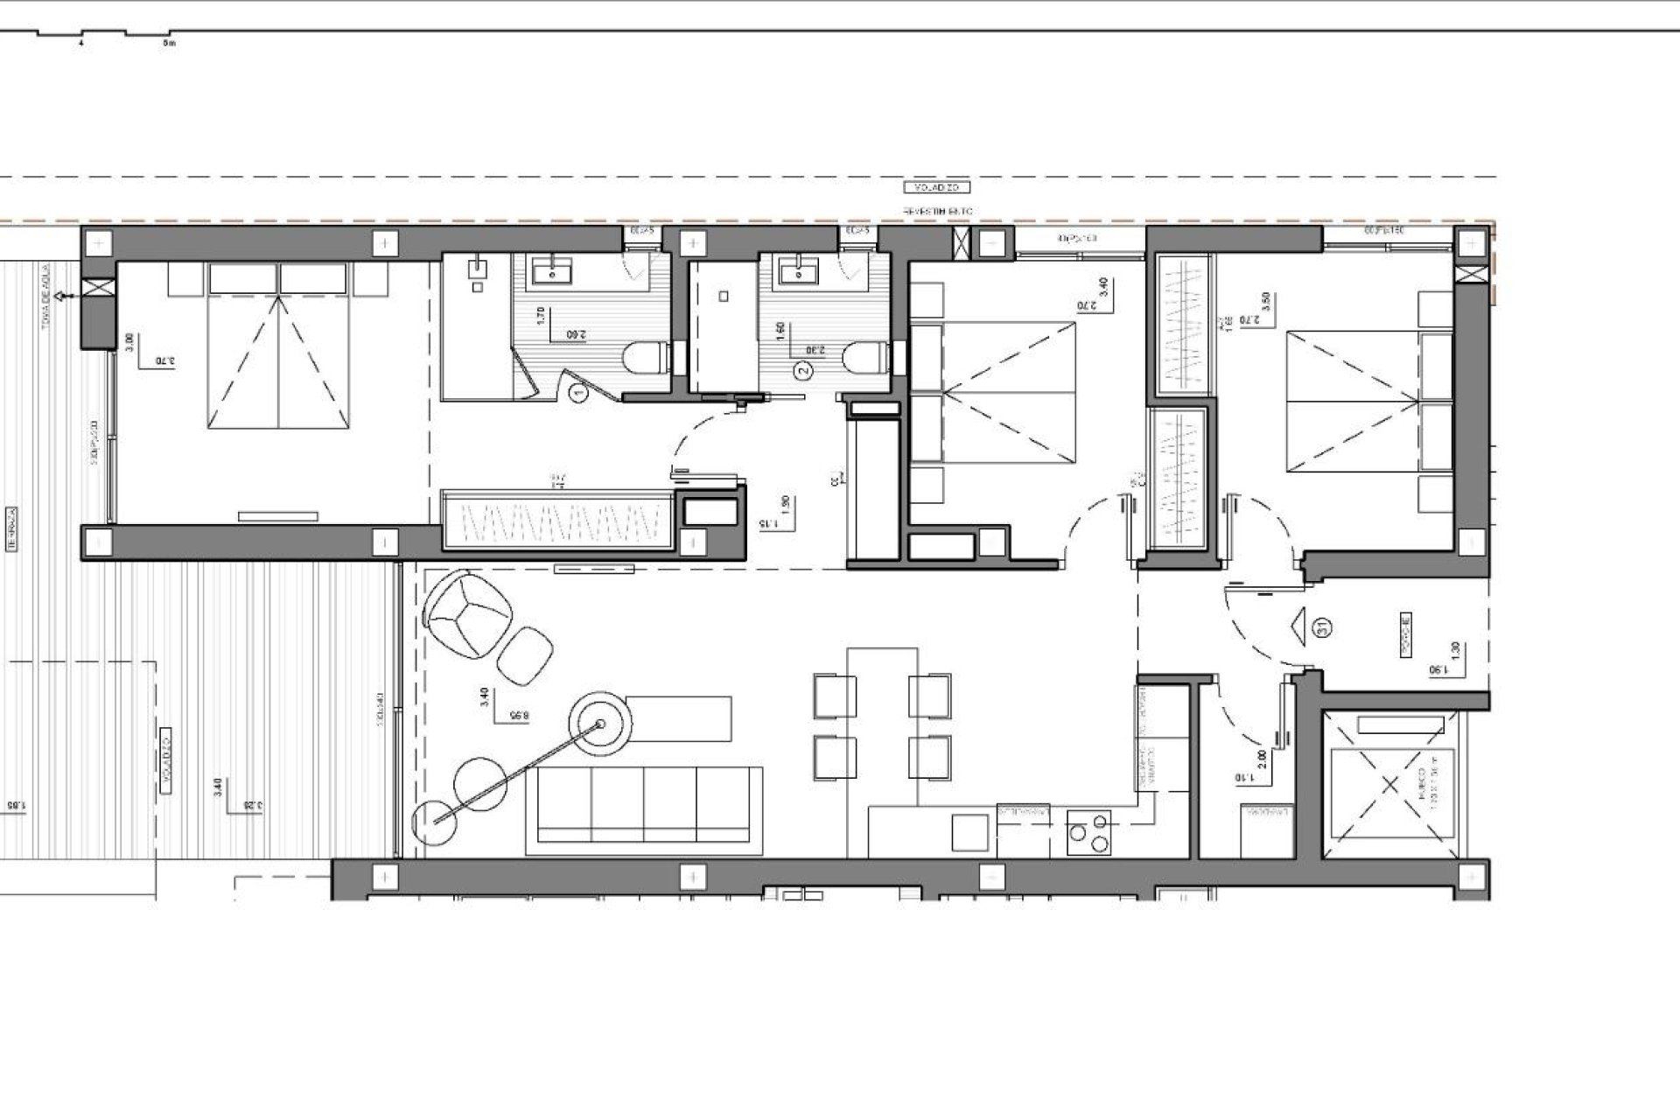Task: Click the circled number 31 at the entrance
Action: (1323, 626)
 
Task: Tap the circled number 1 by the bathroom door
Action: (577, 395)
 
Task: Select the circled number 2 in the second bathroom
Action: (804, 370)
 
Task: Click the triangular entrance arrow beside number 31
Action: (1298, 626)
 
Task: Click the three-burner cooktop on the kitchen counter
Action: (1089, 832)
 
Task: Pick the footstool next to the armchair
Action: (526, 654)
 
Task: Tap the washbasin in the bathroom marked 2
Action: (797, 274)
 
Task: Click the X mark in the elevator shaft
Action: (1390, 786)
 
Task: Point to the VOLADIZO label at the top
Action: (937, 187)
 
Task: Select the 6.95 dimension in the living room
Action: (520, 716)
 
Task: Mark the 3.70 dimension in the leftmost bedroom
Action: (164, 360)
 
